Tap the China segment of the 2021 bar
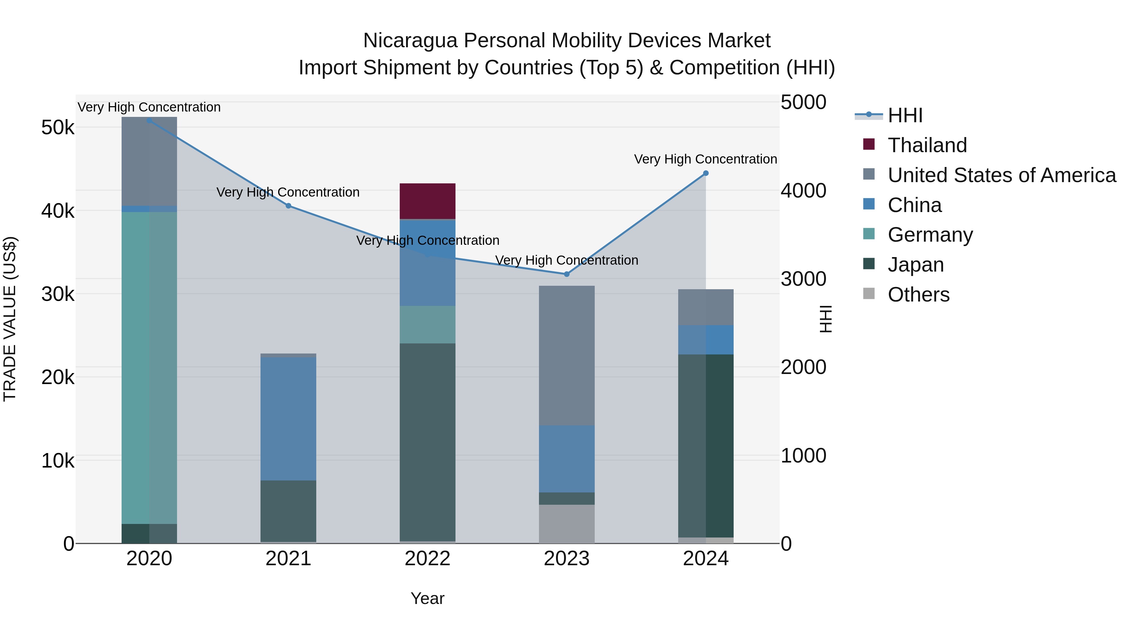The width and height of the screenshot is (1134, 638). point(288,418)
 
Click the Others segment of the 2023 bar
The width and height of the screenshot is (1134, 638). point(567,524)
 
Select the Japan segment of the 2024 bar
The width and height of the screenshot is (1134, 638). point(706,445)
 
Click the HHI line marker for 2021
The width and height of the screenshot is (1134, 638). point(288,206)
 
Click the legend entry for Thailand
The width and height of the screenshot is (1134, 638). point(927,145)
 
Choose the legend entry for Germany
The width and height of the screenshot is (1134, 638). point(930,235)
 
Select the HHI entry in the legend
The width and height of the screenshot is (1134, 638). point(905,115)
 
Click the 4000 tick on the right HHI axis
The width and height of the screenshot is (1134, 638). point(803,191)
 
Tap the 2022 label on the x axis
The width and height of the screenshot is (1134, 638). point(427,559)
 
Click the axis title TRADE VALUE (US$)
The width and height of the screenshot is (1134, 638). point(10,319)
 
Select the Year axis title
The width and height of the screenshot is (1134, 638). point(427,598)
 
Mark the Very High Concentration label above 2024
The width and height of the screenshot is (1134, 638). point(705,159)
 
